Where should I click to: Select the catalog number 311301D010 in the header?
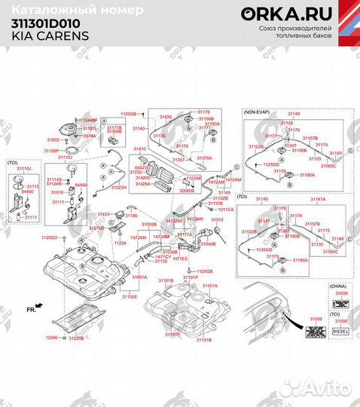(46, 23)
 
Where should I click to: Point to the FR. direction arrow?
(33, 308)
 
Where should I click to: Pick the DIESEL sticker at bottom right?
(340, 329)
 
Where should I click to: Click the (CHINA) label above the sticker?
(338, 286)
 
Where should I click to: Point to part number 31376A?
(203, 158)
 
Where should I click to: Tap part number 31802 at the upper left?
(53, 140)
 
